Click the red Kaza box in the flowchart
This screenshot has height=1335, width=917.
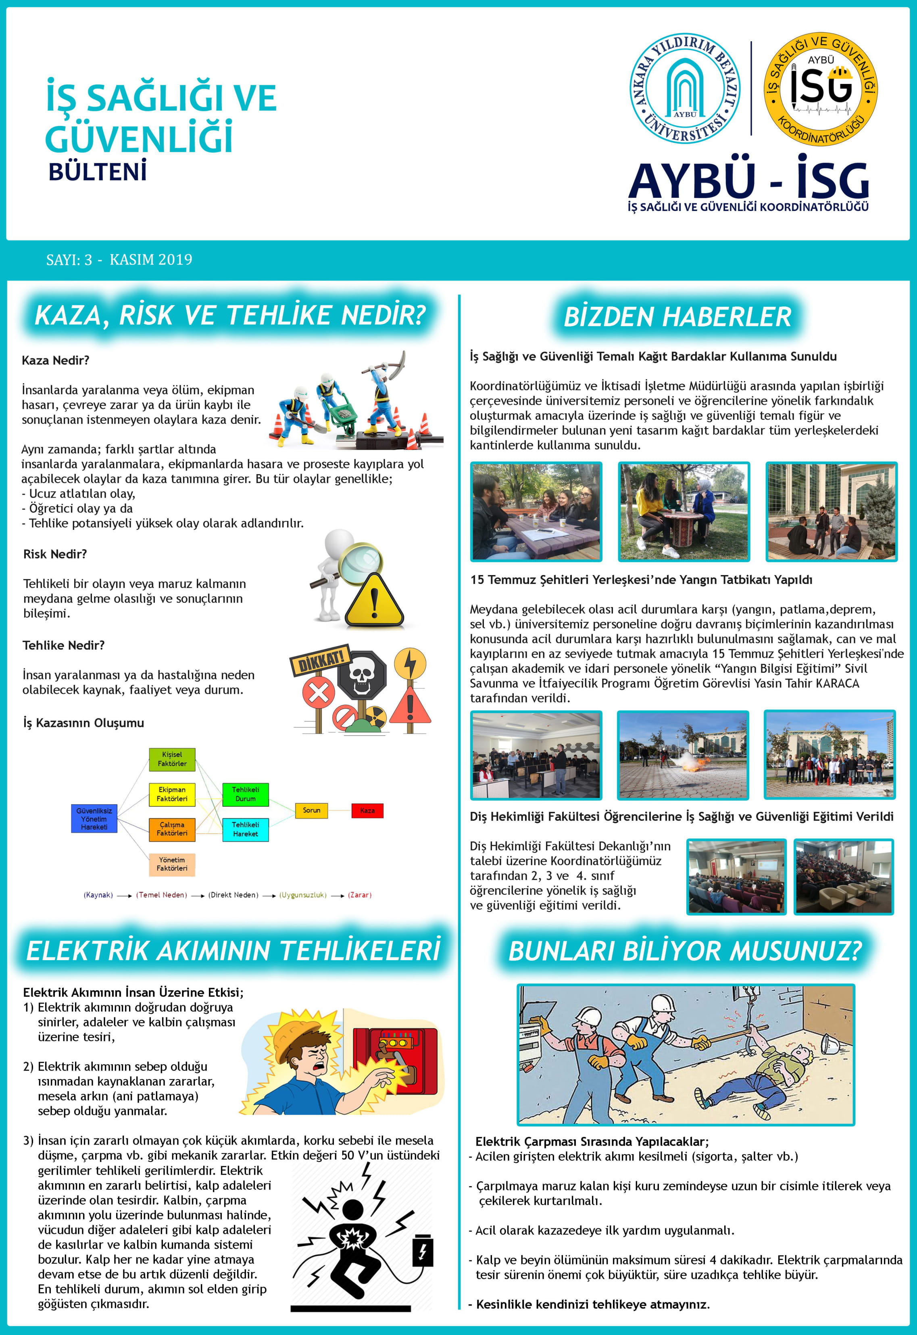[367, 811]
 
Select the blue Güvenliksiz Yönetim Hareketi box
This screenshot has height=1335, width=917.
[94, 819]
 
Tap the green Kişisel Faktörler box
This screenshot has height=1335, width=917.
[172, 759]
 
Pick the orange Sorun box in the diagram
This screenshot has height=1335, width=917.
[311, 810]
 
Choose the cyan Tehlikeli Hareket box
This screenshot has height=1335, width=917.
[245, 829]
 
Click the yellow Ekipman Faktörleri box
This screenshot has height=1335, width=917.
[172, 794]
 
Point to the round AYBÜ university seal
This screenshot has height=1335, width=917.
[684, 88]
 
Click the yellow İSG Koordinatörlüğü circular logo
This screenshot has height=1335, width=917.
[821, 88]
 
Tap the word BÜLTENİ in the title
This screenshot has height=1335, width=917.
[97, 172]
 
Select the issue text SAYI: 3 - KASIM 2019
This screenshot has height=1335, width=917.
[119, 260]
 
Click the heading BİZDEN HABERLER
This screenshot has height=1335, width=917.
[677, 317]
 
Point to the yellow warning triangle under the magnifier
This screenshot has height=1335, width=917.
[375, 602]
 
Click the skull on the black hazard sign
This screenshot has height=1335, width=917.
[361, 673]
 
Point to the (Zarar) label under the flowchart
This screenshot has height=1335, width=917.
[360, 895]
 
